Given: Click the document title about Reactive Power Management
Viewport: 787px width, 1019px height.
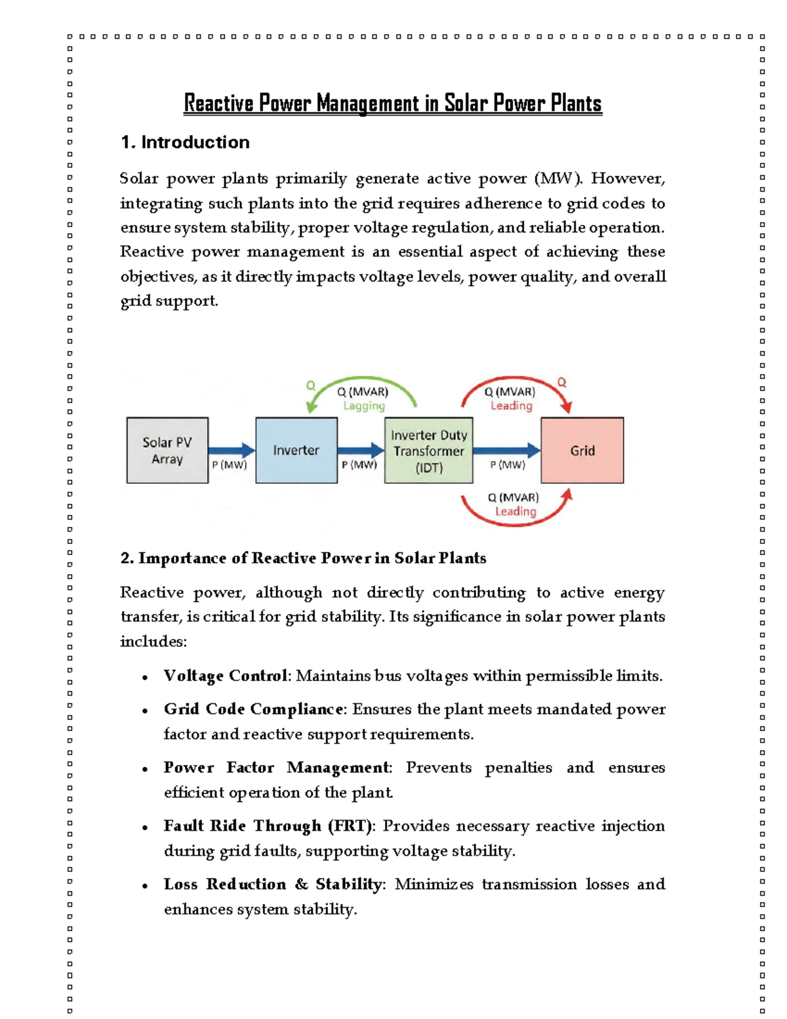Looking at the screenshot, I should point(392,104).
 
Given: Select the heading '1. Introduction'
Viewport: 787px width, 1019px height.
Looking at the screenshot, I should point(185,142).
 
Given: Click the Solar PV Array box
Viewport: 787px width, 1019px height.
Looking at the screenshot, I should point(167,451).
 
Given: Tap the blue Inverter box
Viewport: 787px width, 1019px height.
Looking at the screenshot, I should point(296,451).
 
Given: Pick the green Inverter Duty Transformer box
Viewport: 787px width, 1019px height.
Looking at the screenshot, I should point(428,451).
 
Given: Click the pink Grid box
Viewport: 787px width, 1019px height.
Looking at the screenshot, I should point(582,451).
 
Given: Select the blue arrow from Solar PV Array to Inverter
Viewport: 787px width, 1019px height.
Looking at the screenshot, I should point(232,450).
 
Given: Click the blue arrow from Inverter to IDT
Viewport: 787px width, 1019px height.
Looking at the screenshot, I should point(361,450).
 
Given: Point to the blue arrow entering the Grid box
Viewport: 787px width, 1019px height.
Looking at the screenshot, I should point(506,450).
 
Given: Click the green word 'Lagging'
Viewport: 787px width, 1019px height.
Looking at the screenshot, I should point(364,406).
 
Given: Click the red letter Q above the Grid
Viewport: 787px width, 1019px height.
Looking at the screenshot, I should point(561,383).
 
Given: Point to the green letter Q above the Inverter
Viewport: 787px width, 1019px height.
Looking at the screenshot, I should point(311,386).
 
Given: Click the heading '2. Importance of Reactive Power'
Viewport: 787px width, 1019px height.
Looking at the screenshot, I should point(303,558).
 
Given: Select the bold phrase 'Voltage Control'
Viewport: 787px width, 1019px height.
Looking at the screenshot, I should point(226,676).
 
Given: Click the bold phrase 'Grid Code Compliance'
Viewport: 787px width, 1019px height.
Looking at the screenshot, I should point(253,709).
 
